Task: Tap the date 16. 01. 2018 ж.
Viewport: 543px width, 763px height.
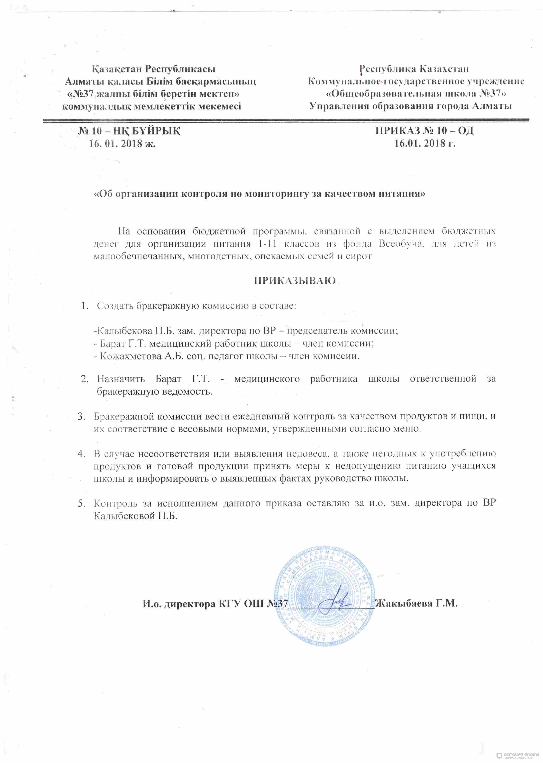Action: point(122,144)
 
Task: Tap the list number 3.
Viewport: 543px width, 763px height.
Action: point(81,416)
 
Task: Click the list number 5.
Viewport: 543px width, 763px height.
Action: point(81,503)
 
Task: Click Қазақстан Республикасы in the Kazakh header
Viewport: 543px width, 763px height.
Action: point(154,69)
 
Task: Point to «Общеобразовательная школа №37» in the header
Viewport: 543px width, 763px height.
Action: point(416,94)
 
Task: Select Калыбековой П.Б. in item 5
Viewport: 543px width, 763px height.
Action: point(135,516)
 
